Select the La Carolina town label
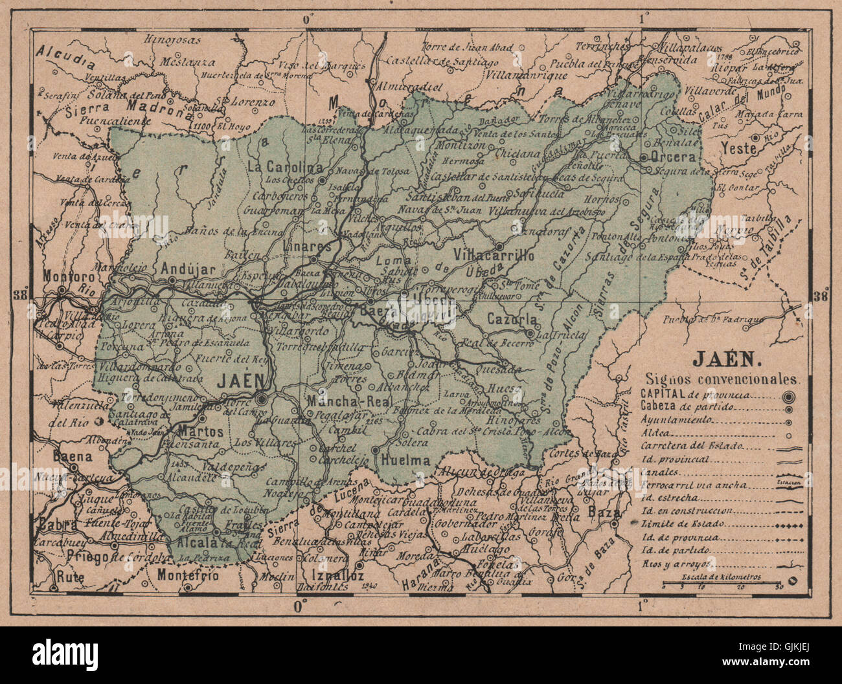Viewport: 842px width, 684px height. point(284,165)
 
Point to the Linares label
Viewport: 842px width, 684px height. point(307,247)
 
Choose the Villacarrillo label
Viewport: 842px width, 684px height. point(494,255)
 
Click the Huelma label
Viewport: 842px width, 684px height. point(406,461)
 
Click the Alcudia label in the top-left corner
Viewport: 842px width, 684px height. point(65,58)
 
